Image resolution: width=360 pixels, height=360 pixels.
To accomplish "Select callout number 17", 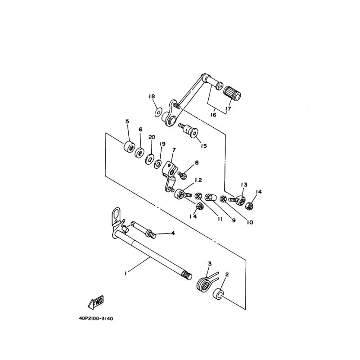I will pyautogui.click(x=229, y=108).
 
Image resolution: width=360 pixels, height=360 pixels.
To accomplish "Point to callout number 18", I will pyautogui.click(x=152, y=97).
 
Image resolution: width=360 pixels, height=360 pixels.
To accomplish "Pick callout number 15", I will pyautogui.click(x=203, y=146).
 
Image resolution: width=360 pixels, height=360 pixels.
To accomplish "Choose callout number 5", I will pyautogui.click(x=127, y=122).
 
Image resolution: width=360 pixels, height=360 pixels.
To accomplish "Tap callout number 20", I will pyautogui.click(x=151, y=137).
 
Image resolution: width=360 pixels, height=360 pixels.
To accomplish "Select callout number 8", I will pyautogui.click(x=196, y=162).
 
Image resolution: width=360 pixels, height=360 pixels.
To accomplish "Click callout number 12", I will pyautogui.click(x=198, y=180).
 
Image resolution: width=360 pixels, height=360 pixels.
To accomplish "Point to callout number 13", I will pyautogui.click(x=244, y=185).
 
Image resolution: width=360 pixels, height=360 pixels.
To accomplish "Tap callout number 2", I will pyautogui.click(x=226, y=274).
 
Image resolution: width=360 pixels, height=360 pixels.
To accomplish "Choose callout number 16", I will pyautogui.click(x=213, y=115).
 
